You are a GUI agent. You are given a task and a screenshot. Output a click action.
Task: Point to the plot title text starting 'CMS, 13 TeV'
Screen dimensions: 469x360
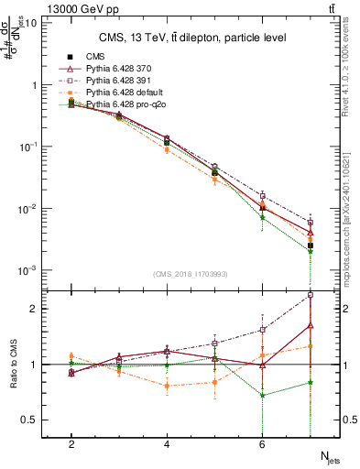click(191, 38)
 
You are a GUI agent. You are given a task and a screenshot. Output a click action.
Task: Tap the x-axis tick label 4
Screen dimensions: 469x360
click(167, 444)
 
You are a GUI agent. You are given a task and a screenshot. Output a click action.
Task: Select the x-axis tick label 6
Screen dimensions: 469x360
click(262, 444)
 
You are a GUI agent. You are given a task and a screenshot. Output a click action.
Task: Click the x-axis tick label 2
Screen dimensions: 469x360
click(71, 444)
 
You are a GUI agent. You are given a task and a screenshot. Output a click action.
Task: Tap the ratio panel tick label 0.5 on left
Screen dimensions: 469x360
click(27, 420)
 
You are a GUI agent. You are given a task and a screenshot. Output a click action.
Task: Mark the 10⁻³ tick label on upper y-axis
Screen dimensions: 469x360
click(27, 270)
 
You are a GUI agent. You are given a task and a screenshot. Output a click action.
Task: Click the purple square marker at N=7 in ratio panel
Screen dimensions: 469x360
click(311, 295)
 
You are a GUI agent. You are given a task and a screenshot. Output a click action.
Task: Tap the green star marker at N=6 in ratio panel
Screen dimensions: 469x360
click(263, 396)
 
